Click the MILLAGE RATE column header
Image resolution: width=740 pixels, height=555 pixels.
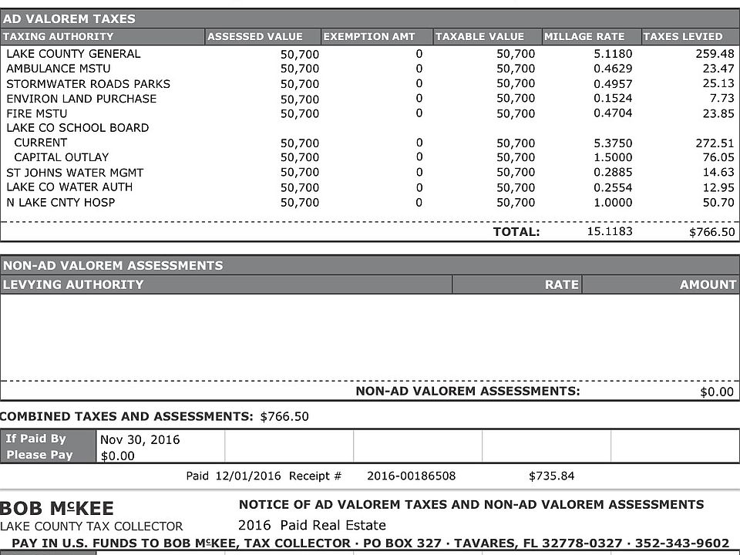point(584,36)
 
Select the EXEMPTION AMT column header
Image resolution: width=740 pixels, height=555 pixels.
point(368,36)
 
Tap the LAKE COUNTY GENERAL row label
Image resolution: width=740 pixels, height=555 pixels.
point(73,54)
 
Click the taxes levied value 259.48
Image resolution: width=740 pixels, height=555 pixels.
point(715,54)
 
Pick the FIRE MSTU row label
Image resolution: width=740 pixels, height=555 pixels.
point(37,113)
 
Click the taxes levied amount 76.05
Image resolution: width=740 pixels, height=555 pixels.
point(716,157)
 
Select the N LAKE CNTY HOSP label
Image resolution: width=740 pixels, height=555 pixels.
point(61,202)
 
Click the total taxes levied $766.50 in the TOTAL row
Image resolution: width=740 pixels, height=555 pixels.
point(711,232)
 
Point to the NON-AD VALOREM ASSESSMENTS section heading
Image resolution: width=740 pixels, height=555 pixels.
point(113,265)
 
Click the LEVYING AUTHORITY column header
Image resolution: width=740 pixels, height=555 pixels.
point(72,284)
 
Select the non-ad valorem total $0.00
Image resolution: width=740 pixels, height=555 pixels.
point(717,392)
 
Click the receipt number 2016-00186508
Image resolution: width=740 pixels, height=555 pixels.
point(411,476)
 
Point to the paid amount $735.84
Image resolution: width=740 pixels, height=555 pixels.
point(551,476)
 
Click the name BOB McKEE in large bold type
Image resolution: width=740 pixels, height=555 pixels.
point(57,509)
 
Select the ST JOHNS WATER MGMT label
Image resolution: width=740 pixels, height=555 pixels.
point(75,173)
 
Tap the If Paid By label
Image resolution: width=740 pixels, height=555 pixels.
point(36,439)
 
